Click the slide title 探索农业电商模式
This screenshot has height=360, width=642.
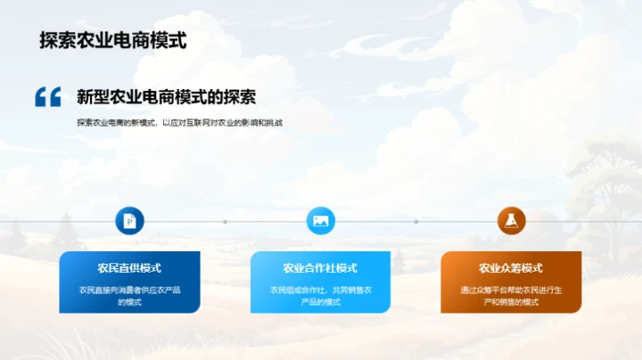(x=113, y=41)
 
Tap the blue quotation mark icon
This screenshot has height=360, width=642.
(x=47, y=96)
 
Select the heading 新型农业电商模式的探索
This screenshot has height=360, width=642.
(x=167, y=96)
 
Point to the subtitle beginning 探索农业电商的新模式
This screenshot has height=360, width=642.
(x=179, y=123)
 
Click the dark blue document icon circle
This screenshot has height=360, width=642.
(x=129, y=221)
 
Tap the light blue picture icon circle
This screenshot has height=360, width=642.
(x=320, y=221)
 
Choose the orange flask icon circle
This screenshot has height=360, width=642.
(x=511, y=221)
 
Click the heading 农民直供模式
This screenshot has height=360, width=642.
(x=129, y=268)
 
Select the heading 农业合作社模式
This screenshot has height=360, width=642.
(x=320, y=268)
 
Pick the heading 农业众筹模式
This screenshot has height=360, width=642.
(x=511, y=268)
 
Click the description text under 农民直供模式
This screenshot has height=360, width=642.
(x=129, y=295)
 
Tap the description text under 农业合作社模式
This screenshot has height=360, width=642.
(x=320, y=295)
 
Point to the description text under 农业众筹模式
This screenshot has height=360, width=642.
(x=511, y=295)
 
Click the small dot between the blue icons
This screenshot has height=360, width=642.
(x=225, y=221)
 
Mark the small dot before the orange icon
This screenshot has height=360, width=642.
(x=416, y=221)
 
